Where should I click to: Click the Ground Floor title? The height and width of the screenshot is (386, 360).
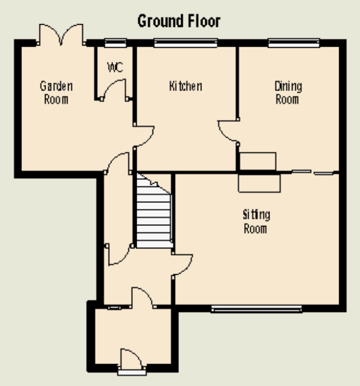tap(179, 21)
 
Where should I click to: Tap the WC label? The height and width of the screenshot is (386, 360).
tap(115, 67)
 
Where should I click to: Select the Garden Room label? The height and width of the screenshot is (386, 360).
tap(56, 93)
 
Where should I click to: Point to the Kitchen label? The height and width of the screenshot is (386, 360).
tap(186, 86)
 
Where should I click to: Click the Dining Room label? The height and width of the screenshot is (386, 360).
tap(288, 93)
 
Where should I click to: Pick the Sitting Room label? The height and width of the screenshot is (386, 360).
tap(256, 221)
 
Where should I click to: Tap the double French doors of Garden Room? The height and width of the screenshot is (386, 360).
tap(61, 35)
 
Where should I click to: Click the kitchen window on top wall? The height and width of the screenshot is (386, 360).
tap(186, 43)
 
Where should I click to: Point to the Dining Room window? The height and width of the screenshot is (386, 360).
tap(294, 43)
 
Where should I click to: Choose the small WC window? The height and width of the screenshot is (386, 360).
tap(115, 43)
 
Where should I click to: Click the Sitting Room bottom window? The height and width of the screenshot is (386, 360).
tap(256, 309)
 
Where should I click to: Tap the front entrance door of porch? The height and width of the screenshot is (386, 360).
tap(131, 360)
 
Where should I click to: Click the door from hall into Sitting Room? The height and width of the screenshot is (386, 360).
tap(182, 265)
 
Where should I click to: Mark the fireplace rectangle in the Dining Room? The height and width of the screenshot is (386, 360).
tap(258, 161)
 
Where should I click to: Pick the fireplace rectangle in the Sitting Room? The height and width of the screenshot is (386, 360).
tap(259, 183)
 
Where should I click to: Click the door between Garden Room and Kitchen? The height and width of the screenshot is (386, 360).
tap(143, 137)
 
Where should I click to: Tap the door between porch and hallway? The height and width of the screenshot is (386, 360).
tap(143, 297)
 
